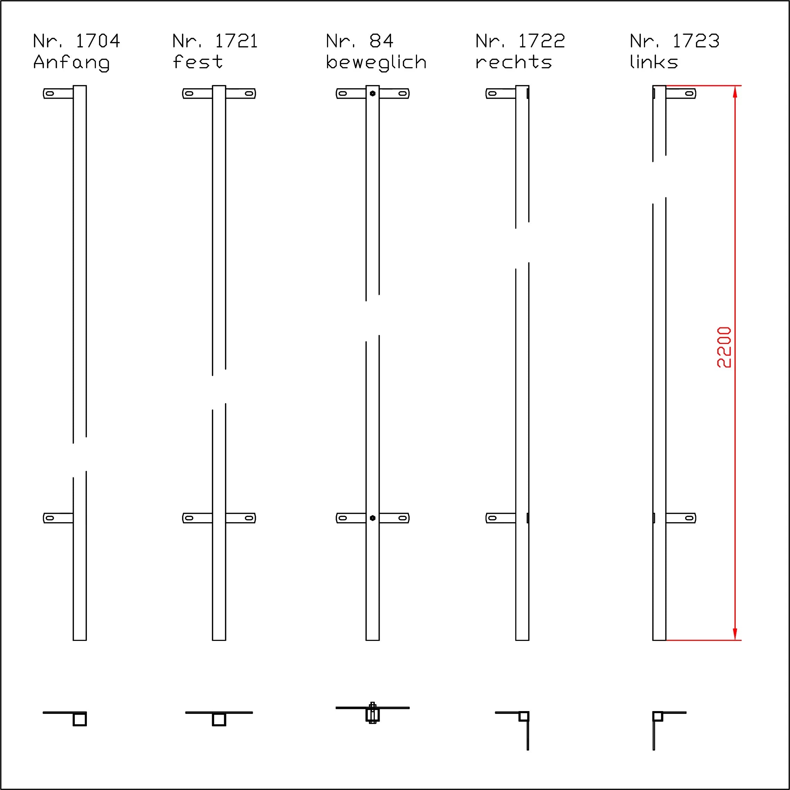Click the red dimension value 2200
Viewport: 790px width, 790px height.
click(x=724, y=347)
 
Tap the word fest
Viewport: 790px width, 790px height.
click(x=198, y=61)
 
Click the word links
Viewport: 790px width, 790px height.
click(x=654, y=61)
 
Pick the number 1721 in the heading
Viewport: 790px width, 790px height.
click(x=236, y=41)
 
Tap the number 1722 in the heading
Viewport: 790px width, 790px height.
click(x=542, y=41)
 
